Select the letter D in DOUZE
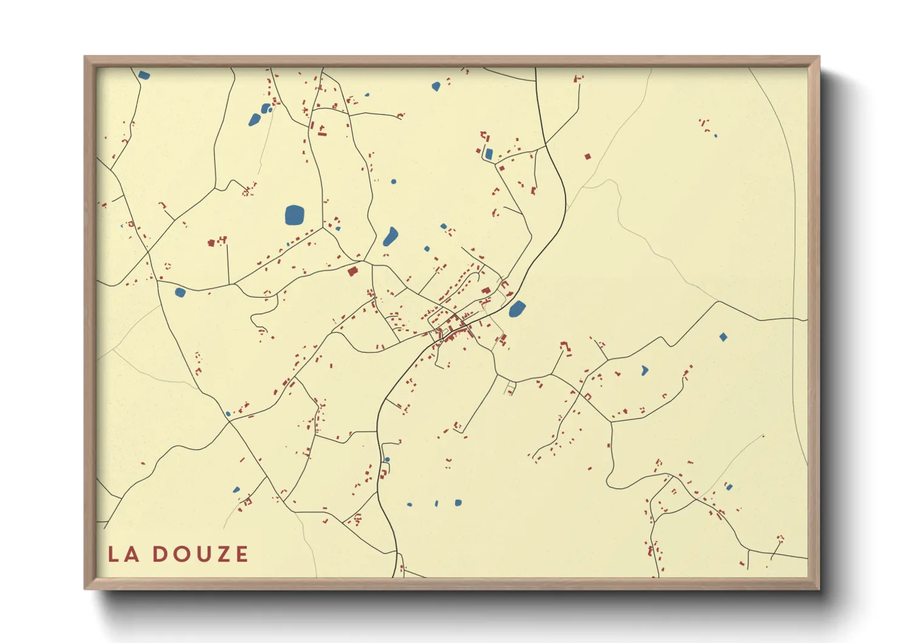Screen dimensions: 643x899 pos(160,554)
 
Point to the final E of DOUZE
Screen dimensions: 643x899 pos(242,554)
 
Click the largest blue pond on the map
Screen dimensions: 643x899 pos(295,215)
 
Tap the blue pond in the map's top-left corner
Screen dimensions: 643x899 pos(144,75)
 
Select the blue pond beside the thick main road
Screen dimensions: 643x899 pos(517,309)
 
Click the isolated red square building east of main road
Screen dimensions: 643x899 pos(587,157)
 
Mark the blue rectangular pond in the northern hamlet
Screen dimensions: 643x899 pos(489,154)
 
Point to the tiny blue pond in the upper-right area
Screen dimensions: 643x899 pos(716,136)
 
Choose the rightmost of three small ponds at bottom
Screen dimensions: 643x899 pos(458,503)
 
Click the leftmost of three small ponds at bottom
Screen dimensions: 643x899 pos(409,504)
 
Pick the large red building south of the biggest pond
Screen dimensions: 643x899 pos(352,272)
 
